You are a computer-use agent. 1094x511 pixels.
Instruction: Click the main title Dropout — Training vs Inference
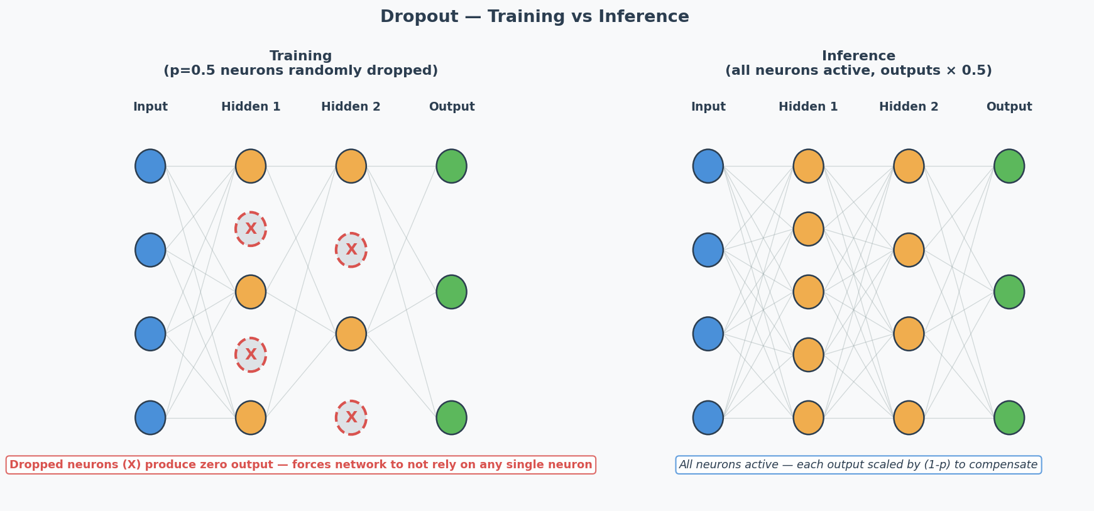(x=534, y=17)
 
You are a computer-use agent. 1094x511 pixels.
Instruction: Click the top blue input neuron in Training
(x=150, y=166)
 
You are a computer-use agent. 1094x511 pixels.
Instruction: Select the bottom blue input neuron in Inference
(x=708, y=417)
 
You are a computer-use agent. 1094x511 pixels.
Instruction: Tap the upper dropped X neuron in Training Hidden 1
(x=251, y=229)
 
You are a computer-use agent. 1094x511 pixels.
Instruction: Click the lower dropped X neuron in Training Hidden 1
(x=251, y=354)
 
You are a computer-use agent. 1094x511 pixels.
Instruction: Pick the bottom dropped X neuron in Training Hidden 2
(x=351, y=417)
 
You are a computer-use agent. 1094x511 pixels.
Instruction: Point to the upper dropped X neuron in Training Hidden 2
(x=351, y=250)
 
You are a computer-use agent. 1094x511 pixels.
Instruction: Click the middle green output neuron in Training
(x=451, y=292)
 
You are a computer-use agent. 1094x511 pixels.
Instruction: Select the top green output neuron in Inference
(x=1009, y=166)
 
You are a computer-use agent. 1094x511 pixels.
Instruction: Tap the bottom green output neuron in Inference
(x=1009, y=417)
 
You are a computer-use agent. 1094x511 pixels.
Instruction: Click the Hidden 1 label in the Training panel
(x=251, y=107)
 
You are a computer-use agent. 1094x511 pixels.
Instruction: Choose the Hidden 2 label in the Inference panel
(x=909, y=107)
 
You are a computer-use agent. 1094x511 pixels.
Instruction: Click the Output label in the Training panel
(x=451, y=107)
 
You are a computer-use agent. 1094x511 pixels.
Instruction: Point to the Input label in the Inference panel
(x=708, y=107)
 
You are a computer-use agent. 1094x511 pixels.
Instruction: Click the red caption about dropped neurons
(x=300, y=464)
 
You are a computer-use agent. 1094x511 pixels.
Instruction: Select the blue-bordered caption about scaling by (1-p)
(x=858, y=464)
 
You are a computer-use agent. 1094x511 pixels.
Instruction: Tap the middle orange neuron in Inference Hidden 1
(x=808, y=292)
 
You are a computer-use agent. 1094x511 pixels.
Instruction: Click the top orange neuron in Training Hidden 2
(x=351, y=166)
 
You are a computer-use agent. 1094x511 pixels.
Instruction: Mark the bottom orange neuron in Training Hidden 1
(x=251, y=417)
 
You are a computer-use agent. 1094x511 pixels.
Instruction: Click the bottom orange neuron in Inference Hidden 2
(x=909, y=417)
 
